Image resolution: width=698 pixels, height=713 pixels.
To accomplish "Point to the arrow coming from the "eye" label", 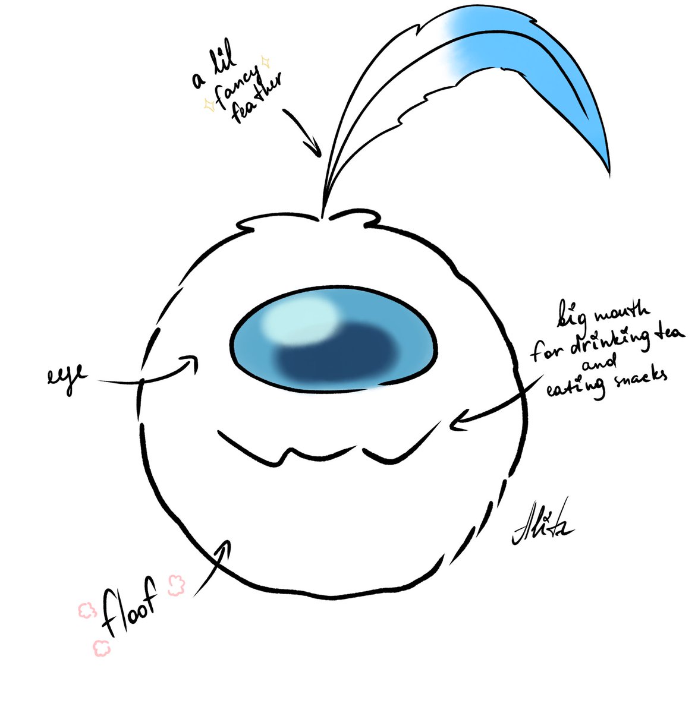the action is (x=149, y=374).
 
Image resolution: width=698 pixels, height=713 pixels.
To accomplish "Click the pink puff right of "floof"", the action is (x=177, y=585).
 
